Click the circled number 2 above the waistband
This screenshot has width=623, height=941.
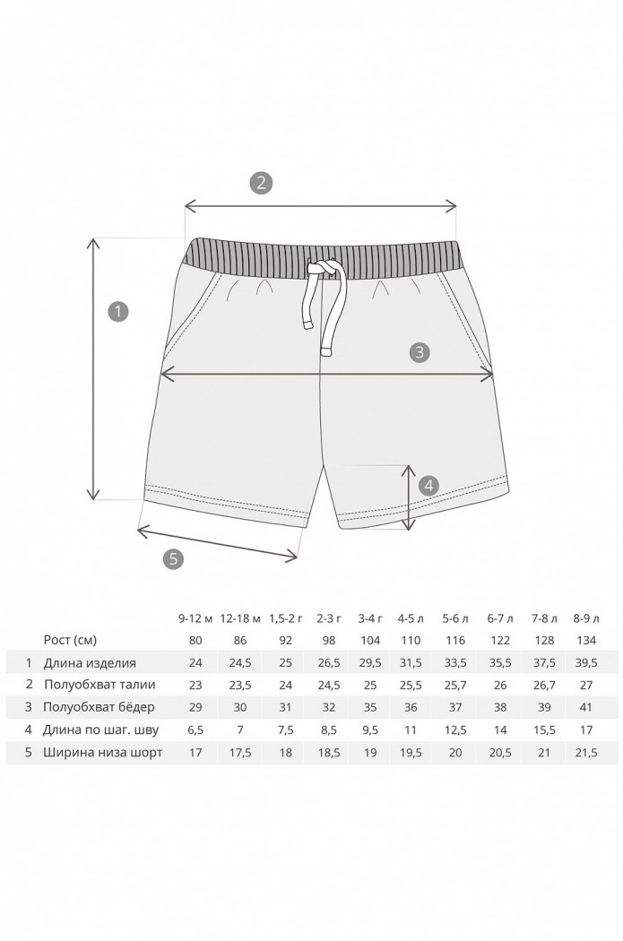pos(261,183)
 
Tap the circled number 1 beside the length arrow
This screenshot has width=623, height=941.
pos(118,312)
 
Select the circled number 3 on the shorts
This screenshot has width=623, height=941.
pos(420,351)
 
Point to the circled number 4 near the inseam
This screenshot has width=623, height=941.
pos(428,486)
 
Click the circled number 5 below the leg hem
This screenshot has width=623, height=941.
pos(173,558)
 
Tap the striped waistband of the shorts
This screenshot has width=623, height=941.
pos(322,259)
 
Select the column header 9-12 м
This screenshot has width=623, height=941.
pos(195,618)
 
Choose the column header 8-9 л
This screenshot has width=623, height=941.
pos(586,618)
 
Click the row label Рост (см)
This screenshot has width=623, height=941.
pos(70,640)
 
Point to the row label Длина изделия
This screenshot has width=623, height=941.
pos(90,663)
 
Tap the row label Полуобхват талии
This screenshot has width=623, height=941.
pos(100,685)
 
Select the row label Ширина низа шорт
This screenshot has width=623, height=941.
pos(102,752)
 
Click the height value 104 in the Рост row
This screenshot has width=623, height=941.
pos(370,641)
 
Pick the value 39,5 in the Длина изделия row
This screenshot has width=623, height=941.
pos(586,663)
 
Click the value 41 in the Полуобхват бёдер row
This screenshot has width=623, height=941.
pos(586,707)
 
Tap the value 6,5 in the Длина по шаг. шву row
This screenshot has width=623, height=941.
pos(195,729)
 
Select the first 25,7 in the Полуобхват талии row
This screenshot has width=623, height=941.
pos(455,685)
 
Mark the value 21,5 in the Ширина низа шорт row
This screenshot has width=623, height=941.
pos(586,752)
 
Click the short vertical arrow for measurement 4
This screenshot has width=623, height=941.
pos(408,497)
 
